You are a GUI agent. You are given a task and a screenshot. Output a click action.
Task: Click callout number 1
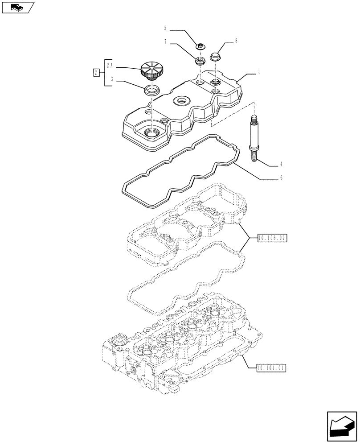click(x=259, y=72)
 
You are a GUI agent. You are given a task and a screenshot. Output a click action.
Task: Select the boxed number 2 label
click(x=96, y=72)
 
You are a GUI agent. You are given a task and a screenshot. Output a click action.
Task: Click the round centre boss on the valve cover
click(x=183, y=101)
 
